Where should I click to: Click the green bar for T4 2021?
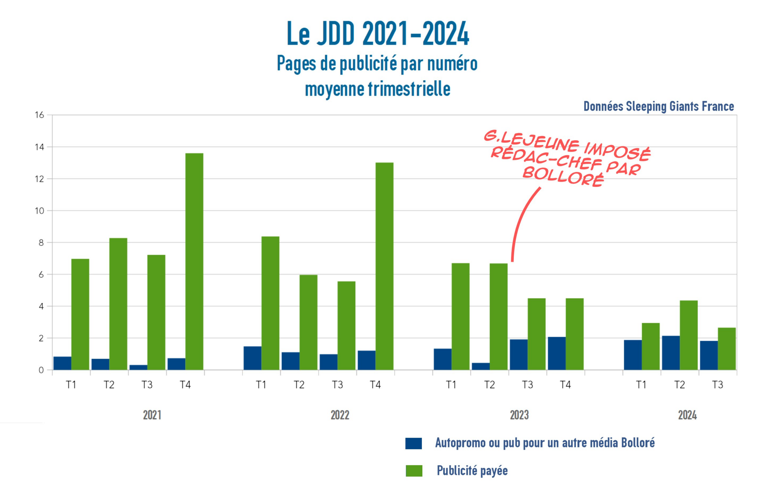194,262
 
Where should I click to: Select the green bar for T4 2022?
384,266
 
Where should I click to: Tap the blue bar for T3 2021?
138,367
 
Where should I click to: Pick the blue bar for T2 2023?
480,366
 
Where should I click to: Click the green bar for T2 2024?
688,335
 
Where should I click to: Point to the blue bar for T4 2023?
556,353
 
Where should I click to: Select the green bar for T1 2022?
270,303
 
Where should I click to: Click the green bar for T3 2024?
726,349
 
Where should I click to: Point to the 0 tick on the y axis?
41,370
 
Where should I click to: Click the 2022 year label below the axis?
340,415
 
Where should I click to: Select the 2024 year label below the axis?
687,415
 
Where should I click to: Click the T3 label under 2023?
527,385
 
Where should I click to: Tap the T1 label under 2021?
71,385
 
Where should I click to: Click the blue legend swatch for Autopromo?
413,443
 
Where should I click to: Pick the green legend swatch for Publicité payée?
414,471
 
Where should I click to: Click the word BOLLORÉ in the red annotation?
563,177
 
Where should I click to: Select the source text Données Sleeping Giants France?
658,106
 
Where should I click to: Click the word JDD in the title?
335,34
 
